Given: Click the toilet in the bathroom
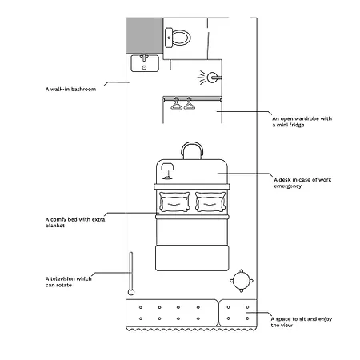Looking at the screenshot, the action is [x=178, y=38].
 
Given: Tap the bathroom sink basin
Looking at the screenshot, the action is [x=145, y=63].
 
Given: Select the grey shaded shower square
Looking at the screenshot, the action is [x=144, y=36].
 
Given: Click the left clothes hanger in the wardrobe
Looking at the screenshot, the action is [x=176, y=104].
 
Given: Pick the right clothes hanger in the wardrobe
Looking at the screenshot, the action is [x=190, y=104].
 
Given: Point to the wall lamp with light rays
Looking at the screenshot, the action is [x=210, y=78].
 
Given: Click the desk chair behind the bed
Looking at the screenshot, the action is [x=192, y=150].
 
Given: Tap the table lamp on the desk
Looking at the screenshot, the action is [x=167, y=170].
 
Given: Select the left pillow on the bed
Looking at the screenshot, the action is [x=174, y=202].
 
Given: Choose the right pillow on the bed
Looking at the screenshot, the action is [x=210, y=202].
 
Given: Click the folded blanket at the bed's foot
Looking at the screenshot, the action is [x=192, y=258].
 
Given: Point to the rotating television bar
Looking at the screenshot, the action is [x=131, y=274].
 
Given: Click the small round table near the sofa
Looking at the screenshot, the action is [x=242, y=281].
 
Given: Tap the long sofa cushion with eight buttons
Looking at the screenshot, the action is [x=172, y=313].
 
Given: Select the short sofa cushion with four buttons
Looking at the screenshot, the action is [x=238, y=313].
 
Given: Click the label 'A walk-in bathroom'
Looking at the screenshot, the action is [x=70, y=89].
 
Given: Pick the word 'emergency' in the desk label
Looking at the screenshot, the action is [x=288, y=186].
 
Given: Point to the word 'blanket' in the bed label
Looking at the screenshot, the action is [x=55, y=226].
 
